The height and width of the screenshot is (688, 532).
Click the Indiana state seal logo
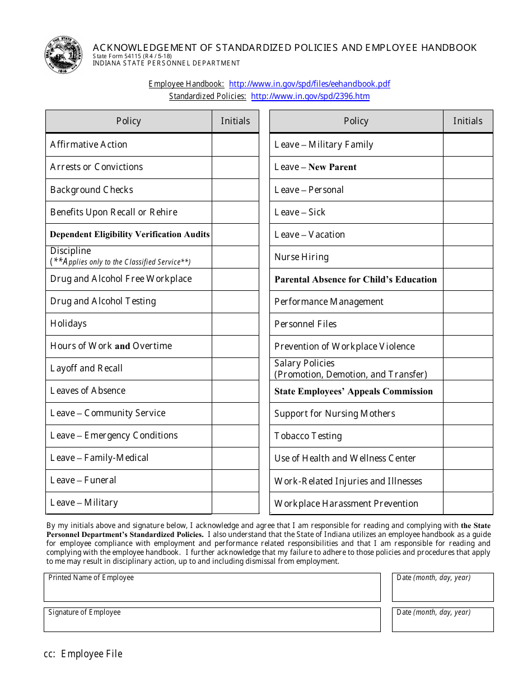point(63,55)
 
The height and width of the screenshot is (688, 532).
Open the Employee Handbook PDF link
point(310,84)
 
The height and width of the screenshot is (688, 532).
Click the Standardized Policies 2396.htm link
point(310,96)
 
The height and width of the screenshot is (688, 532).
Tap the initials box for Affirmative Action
point(235,145)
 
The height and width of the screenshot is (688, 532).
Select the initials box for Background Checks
point(235,190)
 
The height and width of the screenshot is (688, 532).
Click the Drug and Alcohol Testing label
point(103,301)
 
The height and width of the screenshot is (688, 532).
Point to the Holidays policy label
point(68,324)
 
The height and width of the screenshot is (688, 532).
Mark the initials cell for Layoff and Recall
point(235,369)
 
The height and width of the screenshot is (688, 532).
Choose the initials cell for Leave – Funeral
point(235,480)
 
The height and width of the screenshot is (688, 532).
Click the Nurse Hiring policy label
point(301,257)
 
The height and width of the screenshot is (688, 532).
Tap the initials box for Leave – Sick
point(468,213)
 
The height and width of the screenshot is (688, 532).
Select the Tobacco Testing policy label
point(308,436)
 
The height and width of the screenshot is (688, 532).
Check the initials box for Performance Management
point(468,302)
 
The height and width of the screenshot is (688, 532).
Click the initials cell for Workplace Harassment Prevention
point(468,503)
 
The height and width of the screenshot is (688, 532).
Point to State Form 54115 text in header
point(132,56)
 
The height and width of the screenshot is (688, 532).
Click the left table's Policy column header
point(129,121)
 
